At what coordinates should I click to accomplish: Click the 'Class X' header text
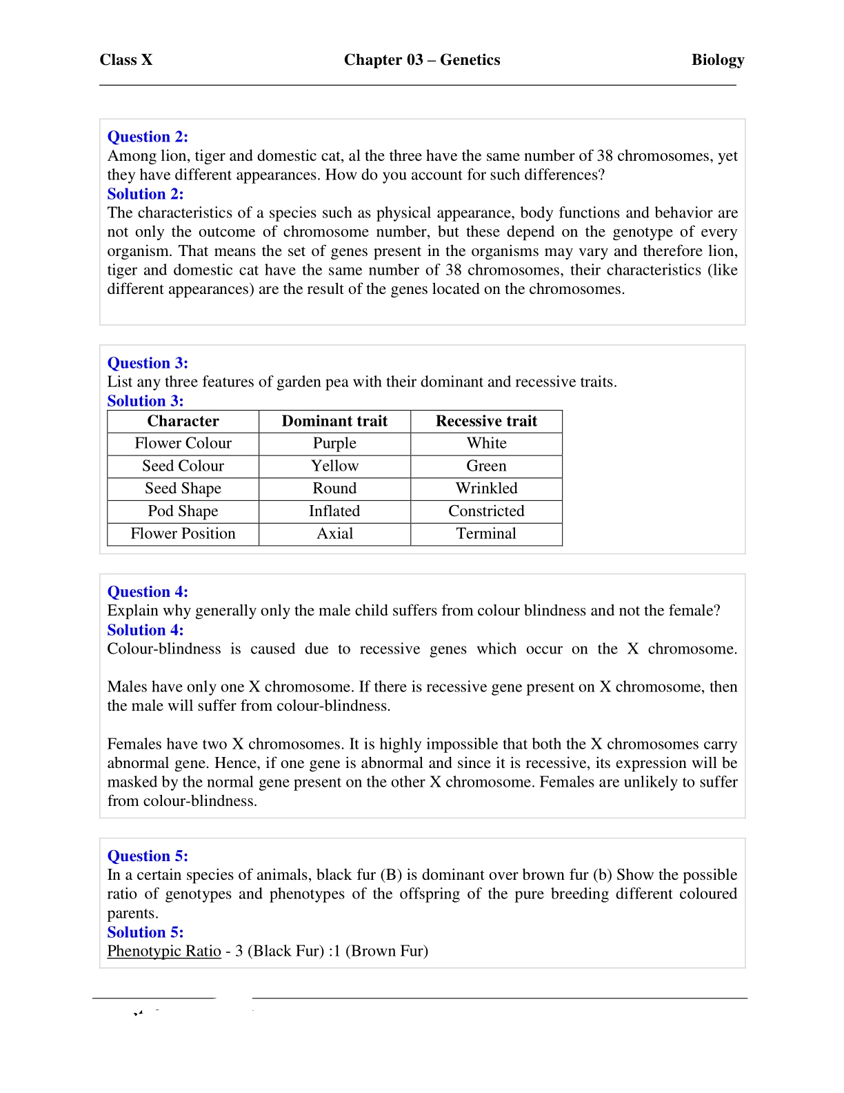125,60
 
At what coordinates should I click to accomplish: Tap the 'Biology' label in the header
718,60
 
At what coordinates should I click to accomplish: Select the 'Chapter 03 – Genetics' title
422,60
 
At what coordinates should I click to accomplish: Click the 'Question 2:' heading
148,137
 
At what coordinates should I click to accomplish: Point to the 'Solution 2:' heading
145,194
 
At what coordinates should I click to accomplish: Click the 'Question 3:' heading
148,363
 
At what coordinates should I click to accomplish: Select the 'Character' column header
183,422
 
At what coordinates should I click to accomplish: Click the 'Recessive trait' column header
486,422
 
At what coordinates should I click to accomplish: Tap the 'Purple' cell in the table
334,444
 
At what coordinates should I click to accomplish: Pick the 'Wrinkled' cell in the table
486,489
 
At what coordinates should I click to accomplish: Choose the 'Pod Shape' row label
183,511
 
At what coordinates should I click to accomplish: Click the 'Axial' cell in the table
334,534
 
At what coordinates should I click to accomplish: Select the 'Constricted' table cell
486,511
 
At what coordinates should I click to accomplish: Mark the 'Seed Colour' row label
183,466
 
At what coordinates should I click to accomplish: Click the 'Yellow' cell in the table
334,466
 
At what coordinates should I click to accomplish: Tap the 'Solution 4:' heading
145,630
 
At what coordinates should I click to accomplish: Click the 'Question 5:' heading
148,856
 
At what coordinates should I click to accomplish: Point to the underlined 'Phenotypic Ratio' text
164,952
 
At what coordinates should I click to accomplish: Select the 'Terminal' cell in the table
486,534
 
